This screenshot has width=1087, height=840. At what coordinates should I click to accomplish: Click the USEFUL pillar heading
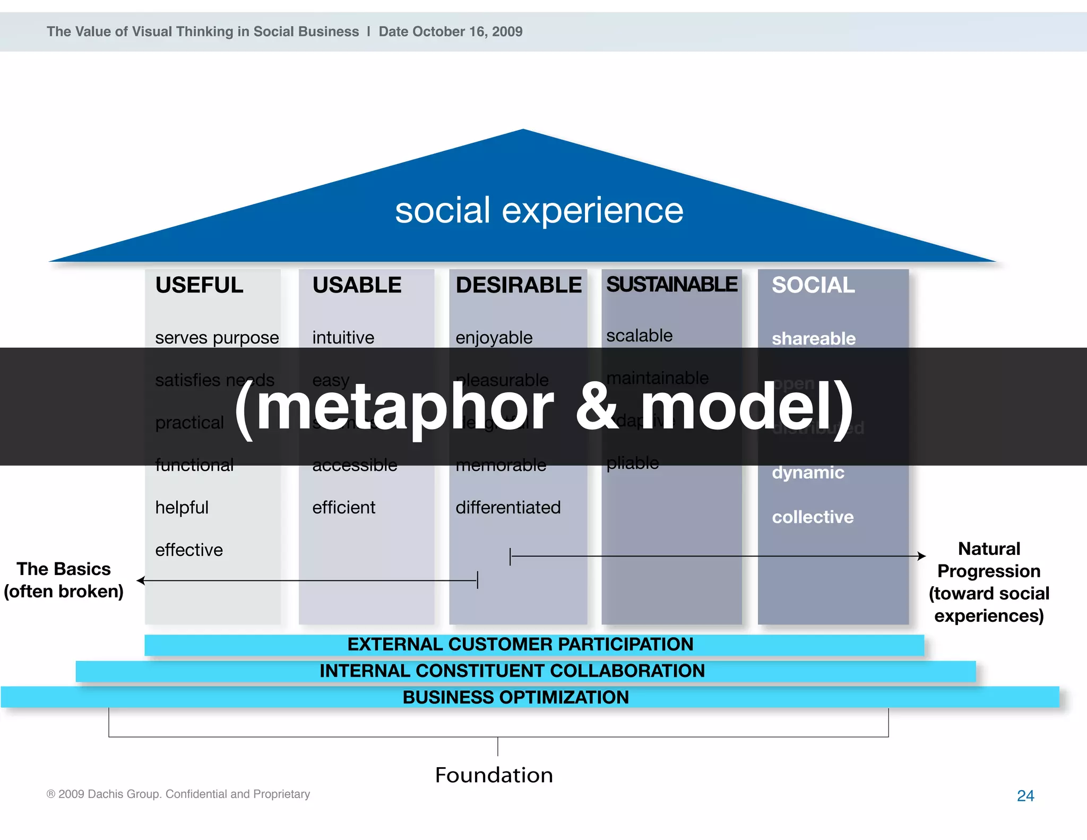tap(199, 285)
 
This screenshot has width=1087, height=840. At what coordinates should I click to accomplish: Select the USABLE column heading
tap(357, 285)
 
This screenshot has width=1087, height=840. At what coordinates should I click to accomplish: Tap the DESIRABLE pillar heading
tap(519, 285)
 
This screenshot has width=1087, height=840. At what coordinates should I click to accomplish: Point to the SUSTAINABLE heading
tap(671, 285)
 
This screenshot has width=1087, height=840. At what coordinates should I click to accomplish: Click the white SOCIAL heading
tap(813, 285)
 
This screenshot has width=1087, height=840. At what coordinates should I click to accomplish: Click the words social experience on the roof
tap(539, 210)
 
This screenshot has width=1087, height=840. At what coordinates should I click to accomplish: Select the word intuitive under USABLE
tap(343, 338)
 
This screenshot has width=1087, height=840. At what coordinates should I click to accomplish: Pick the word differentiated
tap(508, 508)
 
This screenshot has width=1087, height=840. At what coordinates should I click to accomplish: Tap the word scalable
tap(639, 336)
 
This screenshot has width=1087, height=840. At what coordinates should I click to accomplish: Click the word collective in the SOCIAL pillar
tap(813, 517)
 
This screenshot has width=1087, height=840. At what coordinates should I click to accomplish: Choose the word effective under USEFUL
tap(189, 550)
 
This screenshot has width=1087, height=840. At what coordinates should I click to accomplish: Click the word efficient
tap(343, 508)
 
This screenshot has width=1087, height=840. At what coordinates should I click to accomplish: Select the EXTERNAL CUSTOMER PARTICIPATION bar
tap(520, 645)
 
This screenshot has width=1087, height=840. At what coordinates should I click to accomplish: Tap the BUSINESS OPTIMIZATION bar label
tap(515, 697)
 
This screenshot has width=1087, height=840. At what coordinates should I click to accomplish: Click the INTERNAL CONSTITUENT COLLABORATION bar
tap(512, 671)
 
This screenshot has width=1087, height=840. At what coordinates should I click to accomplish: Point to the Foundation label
tap(494, 775)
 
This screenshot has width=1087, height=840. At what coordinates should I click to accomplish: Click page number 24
tap(1025, 795)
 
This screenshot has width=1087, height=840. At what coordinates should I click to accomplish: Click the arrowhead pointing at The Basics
tap(141, 580)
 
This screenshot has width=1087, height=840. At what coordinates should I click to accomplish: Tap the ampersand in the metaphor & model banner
tap(597, 408)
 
